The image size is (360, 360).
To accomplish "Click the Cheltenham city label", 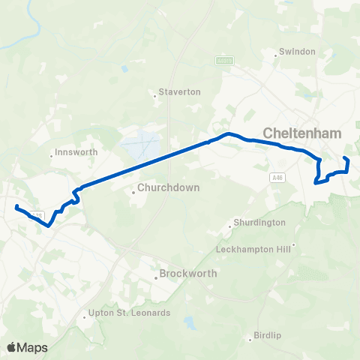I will [x=301, y=133].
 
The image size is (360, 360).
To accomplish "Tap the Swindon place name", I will [x=296, y=52].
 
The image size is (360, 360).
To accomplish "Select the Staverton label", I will [x=179, y=92].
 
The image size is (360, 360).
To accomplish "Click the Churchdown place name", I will [x=168, y=188].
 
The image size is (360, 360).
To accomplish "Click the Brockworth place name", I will [x=187, y=274].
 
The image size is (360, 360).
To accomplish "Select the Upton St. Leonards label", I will [x=129, y=313].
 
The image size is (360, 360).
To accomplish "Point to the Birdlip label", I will [x=266, y=335].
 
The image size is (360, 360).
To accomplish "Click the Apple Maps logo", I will [x=27, y=347].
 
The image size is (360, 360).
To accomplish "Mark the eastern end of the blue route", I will [x=344, y=157].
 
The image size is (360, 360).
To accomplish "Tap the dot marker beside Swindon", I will [x=274, y=52].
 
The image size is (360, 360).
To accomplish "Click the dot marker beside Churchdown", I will [x=133, y=192].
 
